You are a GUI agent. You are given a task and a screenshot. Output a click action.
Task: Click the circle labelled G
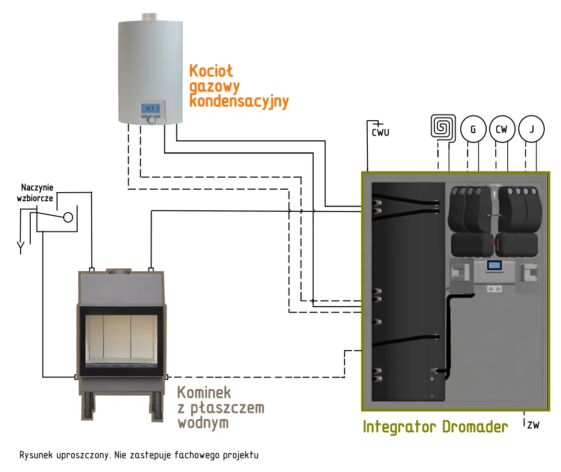[x=473, y=130]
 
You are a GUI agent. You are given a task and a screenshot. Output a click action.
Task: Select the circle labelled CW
[x=502, y=129]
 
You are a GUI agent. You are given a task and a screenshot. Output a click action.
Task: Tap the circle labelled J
[x=532, y=129]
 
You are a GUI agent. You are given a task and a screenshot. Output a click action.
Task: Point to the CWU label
[x=381, y=132]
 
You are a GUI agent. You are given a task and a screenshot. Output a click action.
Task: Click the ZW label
[x=533, y=424]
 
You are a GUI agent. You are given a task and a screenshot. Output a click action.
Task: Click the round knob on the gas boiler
[x=152, y=119]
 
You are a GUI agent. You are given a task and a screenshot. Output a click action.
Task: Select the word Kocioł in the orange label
[x=211, y=71]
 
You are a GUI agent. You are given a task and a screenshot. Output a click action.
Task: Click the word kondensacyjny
[x=239, y=102]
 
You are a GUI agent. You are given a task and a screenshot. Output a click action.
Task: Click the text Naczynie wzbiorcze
[x=37, y=193]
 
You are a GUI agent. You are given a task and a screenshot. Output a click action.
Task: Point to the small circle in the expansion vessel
[x=68, y=217]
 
